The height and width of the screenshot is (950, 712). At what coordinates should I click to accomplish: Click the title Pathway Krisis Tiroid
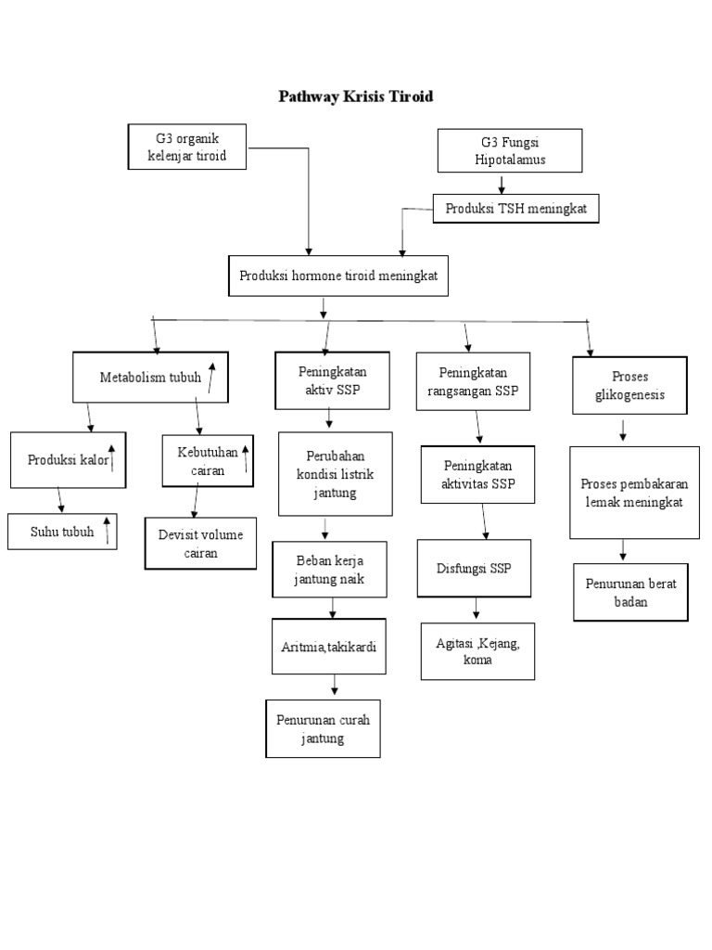(x=356, y=96)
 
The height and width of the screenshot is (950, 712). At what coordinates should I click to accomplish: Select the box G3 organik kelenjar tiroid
(x=187, y=148)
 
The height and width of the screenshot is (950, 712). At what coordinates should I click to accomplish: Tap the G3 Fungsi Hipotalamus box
(x=509, y=151)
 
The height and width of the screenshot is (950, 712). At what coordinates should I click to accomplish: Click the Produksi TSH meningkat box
(x=515, y=210)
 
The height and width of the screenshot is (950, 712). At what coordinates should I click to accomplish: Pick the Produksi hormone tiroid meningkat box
(x=337, y=276)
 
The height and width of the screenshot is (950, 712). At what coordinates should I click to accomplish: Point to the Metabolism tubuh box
(x=150, y=378)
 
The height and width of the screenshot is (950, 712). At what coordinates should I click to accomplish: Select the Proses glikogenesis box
(x=629, y=386)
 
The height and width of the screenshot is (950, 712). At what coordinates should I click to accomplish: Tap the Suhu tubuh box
(x=62, y=532)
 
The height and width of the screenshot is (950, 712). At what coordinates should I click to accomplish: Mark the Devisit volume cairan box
(x=200, y=543)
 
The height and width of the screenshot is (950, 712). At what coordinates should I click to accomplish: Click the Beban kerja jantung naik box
(x=329, y=570)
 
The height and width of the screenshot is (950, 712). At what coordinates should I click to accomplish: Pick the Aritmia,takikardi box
(x=328, y=646)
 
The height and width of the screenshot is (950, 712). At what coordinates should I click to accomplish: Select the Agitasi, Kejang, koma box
(x=477, y=651)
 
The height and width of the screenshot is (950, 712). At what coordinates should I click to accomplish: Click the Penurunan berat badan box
(x=630, y=592)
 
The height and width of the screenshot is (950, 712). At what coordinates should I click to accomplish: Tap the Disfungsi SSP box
(x=474, y=568)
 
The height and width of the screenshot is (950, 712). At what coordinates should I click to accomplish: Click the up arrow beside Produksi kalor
(x=112, y=458)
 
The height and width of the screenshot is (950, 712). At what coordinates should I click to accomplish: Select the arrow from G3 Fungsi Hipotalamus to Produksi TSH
(x=502, y=184)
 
